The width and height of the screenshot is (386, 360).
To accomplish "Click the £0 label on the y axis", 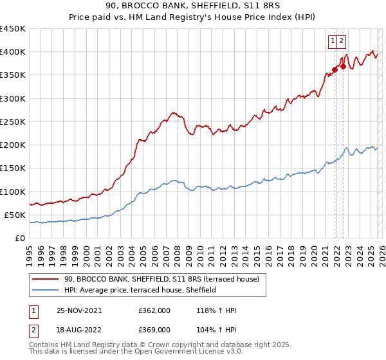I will (x=19, y=238).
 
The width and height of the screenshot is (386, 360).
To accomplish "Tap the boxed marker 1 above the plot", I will (x=333, y=41).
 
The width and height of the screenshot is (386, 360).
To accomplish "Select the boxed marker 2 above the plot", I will (x=342, y=41).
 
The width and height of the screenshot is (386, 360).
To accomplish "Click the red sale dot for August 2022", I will (x=343, y=66).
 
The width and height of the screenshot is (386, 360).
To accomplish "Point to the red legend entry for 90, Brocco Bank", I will (x=161, y=279).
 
